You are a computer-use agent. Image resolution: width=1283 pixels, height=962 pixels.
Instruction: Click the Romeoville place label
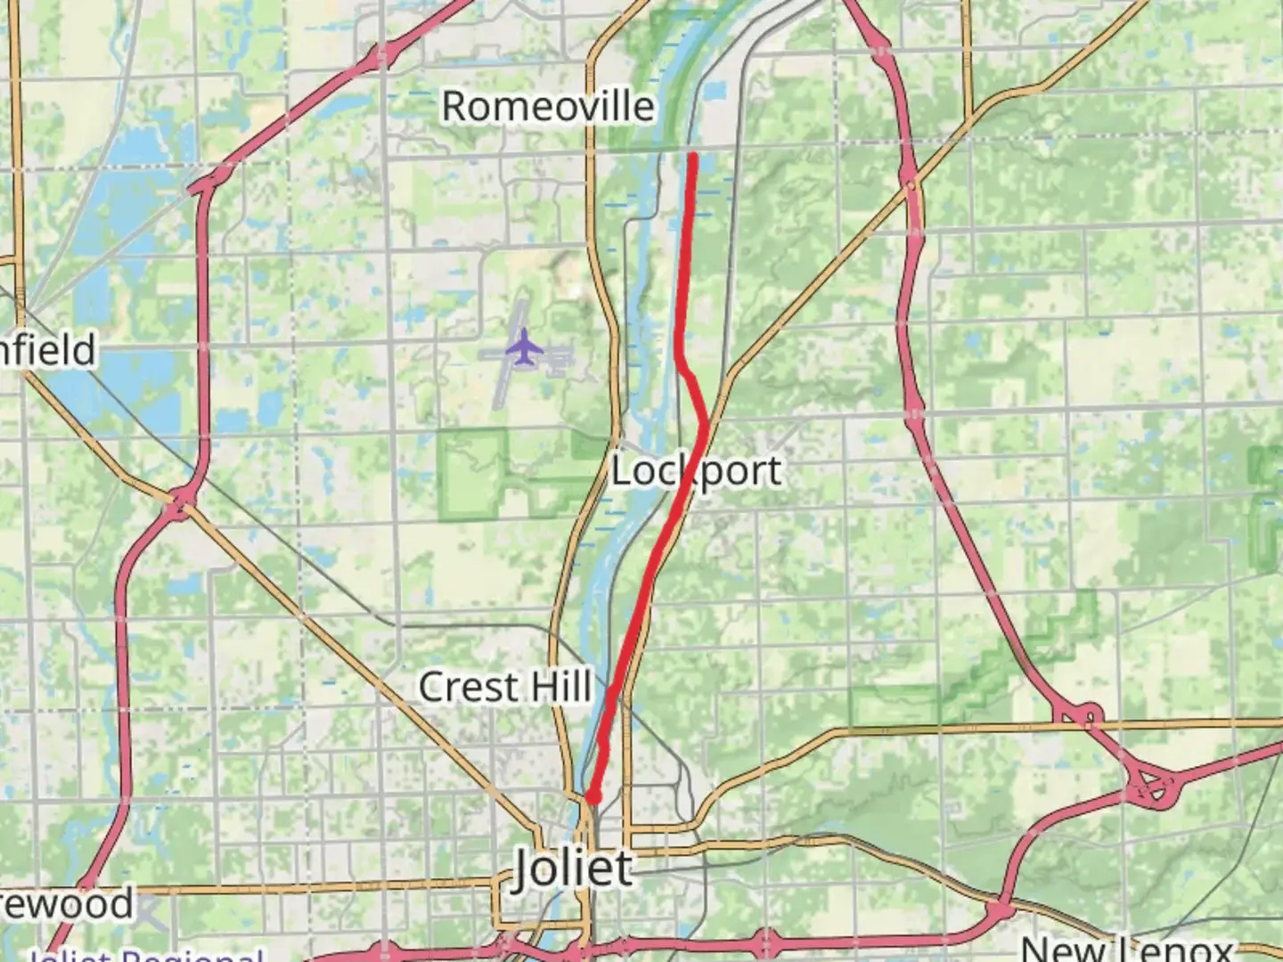coord(548,107)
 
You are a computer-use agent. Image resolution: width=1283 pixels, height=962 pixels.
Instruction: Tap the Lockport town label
coord(696,470)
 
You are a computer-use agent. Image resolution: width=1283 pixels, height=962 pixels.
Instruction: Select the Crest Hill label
coord(505,687)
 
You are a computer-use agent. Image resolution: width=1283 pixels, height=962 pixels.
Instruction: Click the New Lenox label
coord(1126,950)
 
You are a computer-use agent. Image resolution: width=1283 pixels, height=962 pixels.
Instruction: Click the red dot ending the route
coord(592,797)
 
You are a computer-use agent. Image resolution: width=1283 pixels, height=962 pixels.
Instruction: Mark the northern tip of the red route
coord(692,157)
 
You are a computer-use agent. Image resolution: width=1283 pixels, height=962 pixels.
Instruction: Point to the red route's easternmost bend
coord(706,421)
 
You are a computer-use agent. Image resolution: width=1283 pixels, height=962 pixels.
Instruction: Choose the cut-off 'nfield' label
coord(48,350)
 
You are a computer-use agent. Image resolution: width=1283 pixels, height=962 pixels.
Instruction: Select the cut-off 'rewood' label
coord(67,903)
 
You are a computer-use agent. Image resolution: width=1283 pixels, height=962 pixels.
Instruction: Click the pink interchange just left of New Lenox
coord(1000,910)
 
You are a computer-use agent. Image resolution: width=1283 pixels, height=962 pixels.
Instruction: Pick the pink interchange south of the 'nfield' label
coord(182,503)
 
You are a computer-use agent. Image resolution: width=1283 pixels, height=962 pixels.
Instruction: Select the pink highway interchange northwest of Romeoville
coord(381,55)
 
